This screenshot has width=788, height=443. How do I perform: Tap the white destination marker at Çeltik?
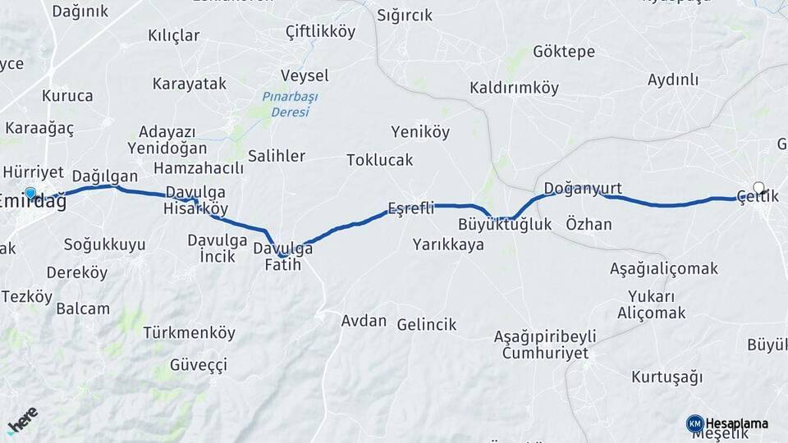click(759, 187)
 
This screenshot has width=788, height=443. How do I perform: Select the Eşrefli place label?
click(410, 208)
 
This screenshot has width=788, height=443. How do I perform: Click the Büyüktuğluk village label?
click(505, 224)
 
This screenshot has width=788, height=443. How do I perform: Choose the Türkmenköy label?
click(189, 333)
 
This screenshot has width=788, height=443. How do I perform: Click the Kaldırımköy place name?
click(514, 88)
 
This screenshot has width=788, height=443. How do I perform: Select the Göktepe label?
click(564, 52)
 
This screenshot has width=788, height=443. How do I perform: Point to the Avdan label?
click(364, 320)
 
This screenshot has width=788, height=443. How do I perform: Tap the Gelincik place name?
click(426, 325)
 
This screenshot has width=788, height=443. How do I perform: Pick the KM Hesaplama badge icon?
click(694, 423)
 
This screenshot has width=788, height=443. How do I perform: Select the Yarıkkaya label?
click(448, 244)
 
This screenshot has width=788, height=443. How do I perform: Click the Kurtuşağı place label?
click(667, 377)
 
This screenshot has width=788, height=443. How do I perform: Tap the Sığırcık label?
click(405, 15)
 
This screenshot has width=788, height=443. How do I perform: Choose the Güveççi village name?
click(198, 365)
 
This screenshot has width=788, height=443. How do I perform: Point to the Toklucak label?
click(379, 160)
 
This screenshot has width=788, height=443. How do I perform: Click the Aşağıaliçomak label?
click(664, 268)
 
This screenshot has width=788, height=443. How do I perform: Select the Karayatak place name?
click(189, 84)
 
